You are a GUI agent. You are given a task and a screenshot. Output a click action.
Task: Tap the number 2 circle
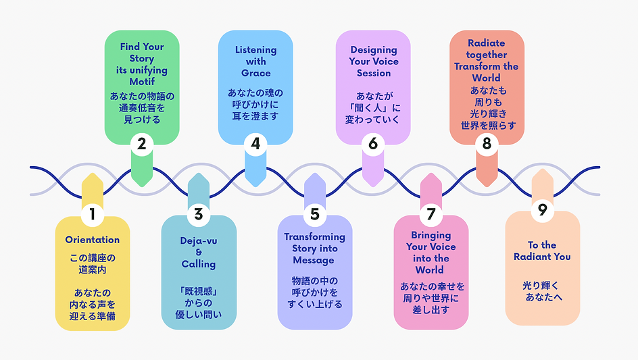click(x=141, y=143)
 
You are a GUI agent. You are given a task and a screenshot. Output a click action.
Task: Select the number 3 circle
click(x=198, y=214)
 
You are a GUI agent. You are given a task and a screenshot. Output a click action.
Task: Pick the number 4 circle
click(x=255, y=143)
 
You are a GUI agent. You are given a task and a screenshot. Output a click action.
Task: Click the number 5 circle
click(x=314, y=214)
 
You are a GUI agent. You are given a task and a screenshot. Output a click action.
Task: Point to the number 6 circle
click(x=373, y=143)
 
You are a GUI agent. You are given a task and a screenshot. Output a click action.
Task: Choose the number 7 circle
click(x=431, y=214)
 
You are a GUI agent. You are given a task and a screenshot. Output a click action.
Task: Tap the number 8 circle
click(x=487, y=143)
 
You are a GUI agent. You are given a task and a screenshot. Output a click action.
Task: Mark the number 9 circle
click(x=542, y=210)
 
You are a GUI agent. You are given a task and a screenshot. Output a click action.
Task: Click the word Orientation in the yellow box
click(x=93, y=240)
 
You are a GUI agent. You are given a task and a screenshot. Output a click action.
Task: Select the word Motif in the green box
click(x=142, y=81)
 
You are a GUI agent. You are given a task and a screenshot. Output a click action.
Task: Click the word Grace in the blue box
click(x=255, y=73)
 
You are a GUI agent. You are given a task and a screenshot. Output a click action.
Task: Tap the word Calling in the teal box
click(x=199, y=264)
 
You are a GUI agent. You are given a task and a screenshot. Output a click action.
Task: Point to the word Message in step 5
click(x=314, y=260)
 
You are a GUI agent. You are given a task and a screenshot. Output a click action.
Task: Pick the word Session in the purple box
click(x=374, y=73)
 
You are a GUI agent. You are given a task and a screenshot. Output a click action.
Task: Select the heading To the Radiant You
click(x=542, y=251)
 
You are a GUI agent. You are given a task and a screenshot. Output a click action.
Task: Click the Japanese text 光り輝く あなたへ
click(x=542, y=292)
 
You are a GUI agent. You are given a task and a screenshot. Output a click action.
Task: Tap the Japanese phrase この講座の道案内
click(x=93, y=263)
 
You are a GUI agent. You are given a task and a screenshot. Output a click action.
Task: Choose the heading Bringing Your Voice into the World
click(x=431, y=253)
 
